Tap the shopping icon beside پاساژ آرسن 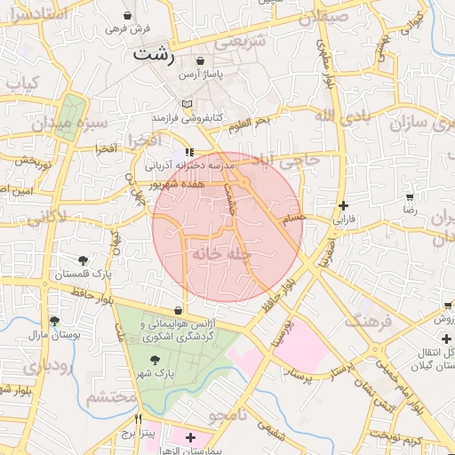(x=203, y=62)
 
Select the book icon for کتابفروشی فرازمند (x=186, y=104)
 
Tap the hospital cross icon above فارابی (x=344, y=204)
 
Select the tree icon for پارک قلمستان (x=83, y=260)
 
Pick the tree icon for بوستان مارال (x=55, y=321)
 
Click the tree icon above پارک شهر (x=156, y=359)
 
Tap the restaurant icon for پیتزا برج (x=138, y=419)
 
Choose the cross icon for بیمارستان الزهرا (x=190, y=437)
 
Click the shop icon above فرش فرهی (x=129, y=15)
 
